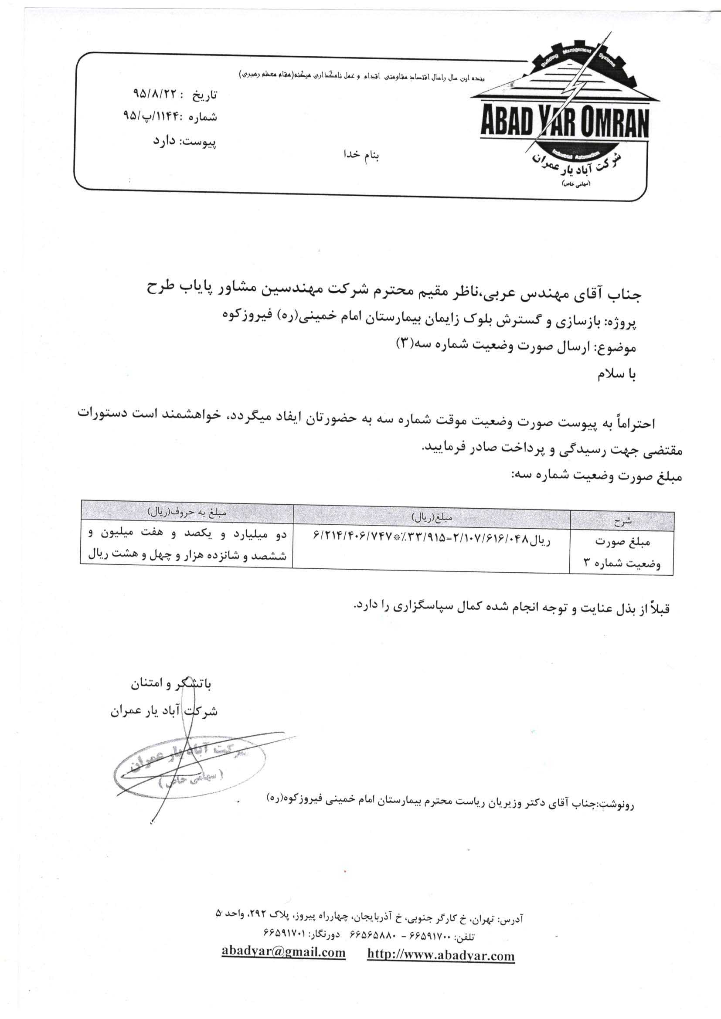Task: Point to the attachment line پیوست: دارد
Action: click(x=184, y=142)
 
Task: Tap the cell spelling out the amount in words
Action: click(x=187, y=545)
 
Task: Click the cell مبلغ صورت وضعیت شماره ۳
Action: click(x=622, y=553)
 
